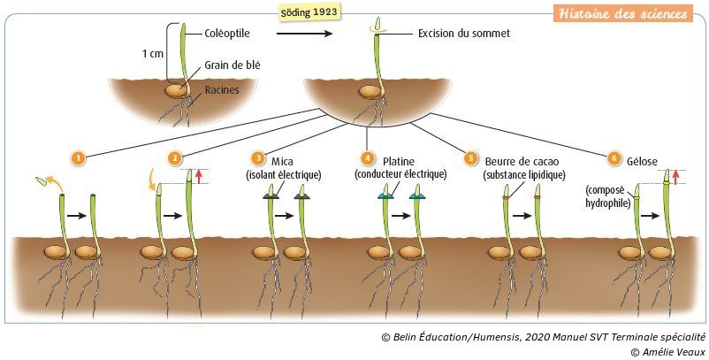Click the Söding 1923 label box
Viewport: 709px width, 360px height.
coord(306,13)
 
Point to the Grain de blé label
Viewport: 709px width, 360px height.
coord(233,65)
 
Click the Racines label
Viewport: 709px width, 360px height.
coord(222,89)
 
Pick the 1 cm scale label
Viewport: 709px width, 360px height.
coord(153,54)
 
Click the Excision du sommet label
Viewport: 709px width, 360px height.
coord(463,34)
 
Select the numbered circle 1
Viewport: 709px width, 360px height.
coord(79,158)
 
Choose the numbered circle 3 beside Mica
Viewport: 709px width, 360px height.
coord(258,158)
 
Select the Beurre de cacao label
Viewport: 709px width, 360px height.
coord(522,161)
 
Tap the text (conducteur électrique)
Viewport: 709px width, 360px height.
coord(400,174)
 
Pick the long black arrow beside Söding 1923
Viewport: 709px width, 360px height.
coord(304,34)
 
